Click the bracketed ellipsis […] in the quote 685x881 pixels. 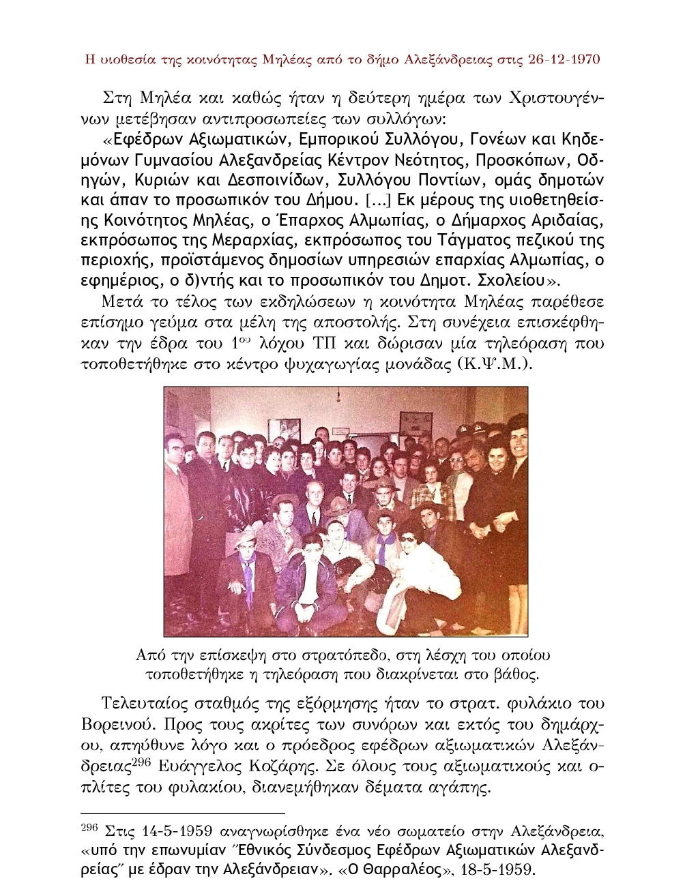tap(377, 200)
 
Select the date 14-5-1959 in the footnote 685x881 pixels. tap(171, 831)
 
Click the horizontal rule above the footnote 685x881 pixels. tap(182, 813)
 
